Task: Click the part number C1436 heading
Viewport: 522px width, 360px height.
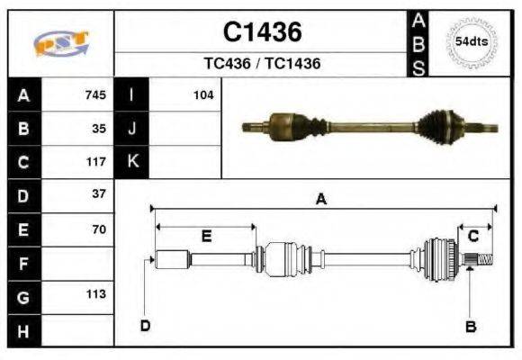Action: (262, 33)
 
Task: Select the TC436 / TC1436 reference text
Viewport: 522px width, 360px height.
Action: (262, 64)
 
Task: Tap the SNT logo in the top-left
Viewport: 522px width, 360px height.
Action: (61, 43)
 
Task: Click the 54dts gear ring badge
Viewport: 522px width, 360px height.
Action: (472, 42)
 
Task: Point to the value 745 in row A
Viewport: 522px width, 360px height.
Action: (95, 94)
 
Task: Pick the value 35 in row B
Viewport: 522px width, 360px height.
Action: (99, 128)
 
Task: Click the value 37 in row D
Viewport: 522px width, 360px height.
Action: (99, 193)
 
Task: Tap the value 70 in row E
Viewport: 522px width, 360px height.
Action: (99, 229)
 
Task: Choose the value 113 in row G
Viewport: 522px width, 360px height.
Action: (95, 293)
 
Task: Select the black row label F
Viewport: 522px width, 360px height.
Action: (24, 263)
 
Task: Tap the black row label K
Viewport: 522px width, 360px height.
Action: (132, 161)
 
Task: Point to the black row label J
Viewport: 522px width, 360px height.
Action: (132, 128)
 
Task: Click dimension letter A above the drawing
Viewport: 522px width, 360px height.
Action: (320, 200)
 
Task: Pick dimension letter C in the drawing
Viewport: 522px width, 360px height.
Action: (472, 236)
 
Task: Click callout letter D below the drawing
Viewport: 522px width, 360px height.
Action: (145, 326)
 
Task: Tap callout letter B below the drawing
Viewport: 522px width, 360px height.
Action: (470, 326)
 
